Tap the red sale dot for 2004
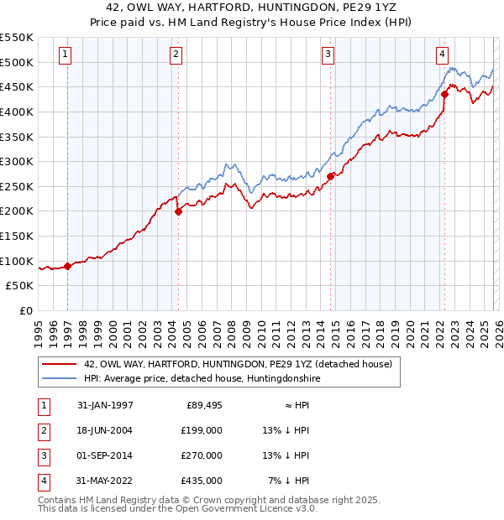coord(178,212)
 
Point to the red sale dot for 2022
coord(444,94)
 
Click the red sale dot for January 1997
coord(68,266)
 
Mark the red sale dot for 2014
coord(331,176)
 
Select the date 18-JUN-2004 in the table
coord(104,429)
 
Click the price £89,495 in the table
coord(202,404)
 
